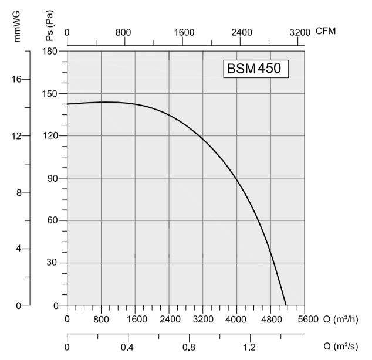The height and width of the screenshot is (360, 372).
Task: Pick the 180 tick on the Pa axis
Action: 53,51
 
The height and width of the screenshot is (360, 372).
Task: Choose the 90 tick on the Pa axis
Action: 56,178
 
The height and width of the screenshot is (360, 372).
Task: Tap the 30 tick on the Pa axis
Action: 56,263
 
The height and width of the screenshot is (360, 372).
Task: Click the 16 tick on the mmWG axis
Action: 17,79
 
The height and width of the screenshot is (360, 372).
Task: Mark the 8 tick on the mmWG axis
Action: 19,192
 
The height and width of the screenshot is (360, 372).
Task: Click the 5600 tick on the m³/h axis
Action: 305,319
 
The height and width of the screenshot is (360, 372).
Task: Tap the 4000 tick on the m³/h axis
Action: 237,319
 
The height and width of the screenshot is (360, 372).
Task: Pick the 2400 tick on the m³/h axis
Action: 169,319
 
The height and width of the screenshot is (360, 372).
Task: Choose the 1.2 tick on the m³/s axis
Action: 249,347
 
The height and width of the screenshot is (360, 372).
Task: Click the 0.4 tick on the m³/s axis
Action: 128,347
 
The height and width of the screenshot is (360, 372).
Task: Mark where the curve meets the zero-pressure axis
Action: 286,305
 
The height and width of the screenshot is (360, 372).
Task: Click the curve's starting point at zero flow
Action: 67,104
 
